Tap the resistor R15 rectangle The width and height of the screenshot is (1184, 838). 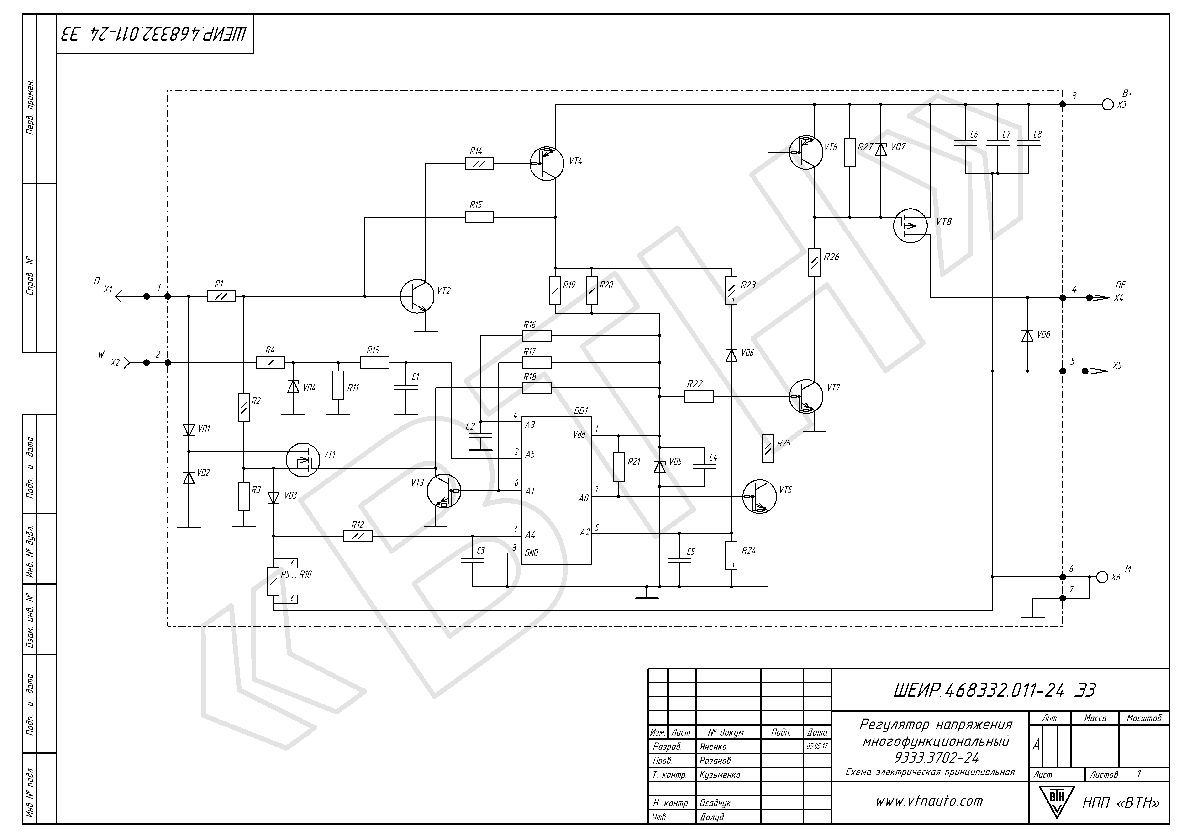click(479, 217)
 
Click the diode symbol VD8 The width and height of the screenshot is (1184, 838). click(1027, 335)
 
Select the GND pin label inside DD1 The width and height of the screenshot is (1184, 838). click(532, 553)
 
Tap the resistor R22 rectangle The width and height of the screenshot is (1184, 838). click(699, 396)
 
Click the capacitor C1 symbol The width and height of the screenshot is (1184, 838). click(406, 387)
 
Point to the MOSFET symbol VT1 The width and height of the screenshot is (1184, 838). click(303, 460)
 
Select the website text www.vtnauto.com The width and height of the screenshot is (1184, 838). click(929, 801)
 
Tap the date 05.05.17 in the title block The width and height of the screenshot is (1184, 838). click(817, 746)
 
